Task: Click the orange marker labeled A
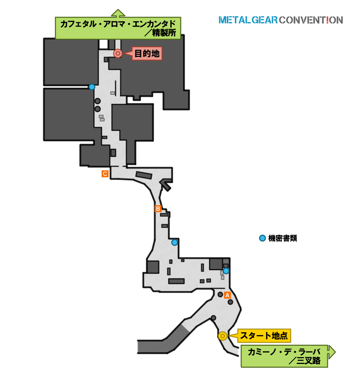(x=227, y=295)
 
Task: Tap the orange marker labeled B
(x=158, y=208)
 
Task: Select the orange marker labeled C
(x=105, y=174)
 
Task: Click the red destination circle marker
(x=118, y=53)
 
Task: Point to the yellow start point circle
(x=222, y=336)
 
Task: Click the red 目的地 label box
(x=147, y=54)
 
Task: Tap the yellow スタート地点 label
(x=264, y=336)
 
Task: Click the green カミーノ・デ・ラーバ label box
(x=284, y=356)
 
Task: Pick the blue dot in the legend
(x=262, y=238)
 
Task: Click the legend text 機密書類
(x=283, y=238)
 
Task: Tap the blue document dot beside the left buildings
(x=92, y=87)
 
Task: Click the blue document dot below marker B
(x=175, y=242)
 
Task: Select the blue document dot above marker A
(x=226, y=271)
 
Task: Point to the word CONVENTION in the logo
(x=311, y=20)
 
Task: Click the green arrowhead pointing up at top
(x=118, y=13)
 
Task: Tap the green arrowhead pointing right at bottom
(x=332, y=352)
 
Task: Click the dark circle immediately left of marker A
(x=220, y=294)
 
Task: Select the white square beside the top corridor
(x=103, y=44)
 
